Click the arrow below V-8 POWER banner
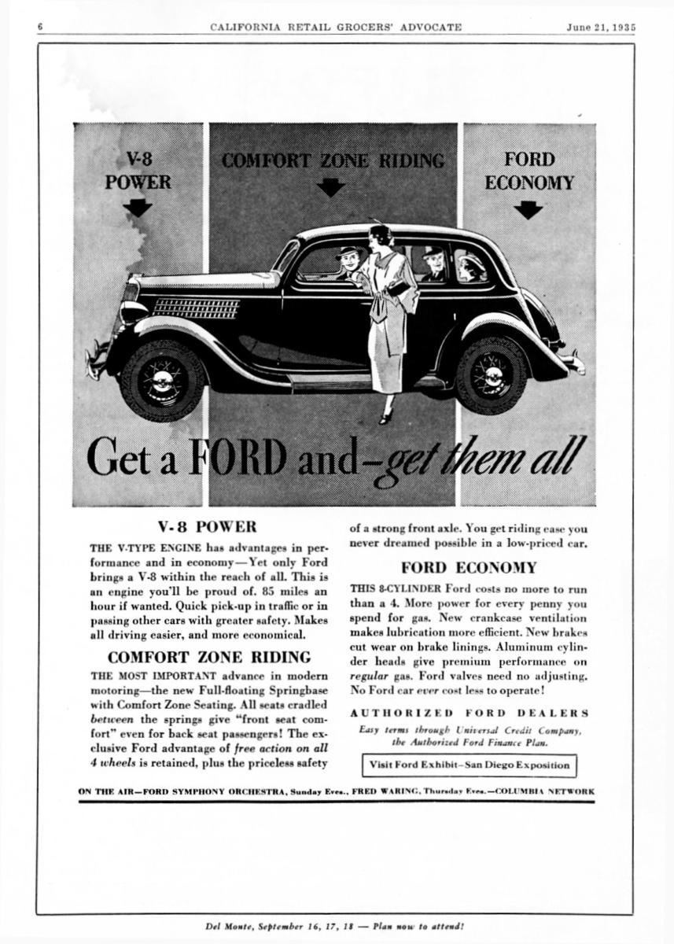point(138,208)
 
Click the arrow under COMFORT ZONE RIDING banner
point(330,187)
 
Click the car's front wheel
point(163,379)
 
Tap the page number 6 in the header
point(39,27)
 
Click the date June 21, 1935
point(601,27)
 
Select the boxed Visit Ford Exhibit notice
point(470,765)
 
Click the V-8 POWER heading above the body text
point(208,526)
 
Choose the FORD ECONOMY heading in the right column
point(469,567)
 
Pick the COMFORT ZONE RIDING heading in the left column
point(208,657)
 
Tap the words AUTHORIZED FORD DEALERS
point(469,713)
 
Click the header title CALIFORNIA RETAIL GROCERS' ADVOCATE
point(336,27)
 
